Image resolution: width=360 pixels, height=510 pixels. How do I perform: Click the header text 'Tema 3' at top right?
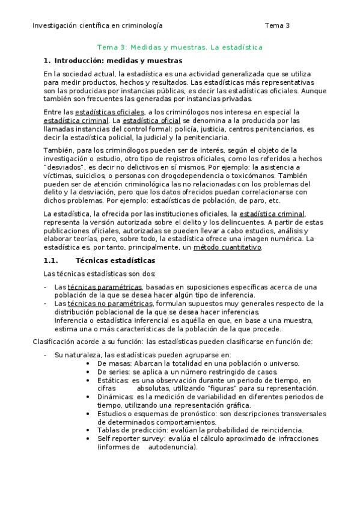(x=277, y=26)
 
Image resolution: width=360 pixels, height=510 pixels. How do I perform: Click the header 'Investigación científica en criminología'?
(x=97, y=26)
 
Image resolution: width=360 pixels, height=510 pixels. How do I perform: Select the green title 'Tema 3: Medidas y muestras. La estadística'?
(x=180, y=47)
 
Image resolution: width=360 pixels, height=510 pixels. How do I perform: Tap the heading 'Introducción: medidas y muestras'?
(x=118, y=60)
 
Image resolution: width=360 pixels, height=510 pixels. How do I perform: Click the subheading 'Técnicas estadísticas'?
(x=115, y=260)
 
